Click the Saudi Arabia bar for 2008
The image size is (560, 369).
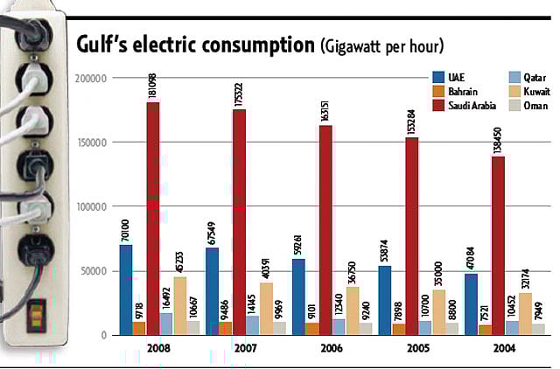click(152, 219)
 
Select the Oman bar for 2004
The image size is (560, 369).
click(514, 329)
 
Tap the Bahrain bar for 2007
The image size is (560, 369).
click(225, 328)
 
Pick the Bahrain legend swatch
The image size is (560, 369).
click(439, 92)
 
